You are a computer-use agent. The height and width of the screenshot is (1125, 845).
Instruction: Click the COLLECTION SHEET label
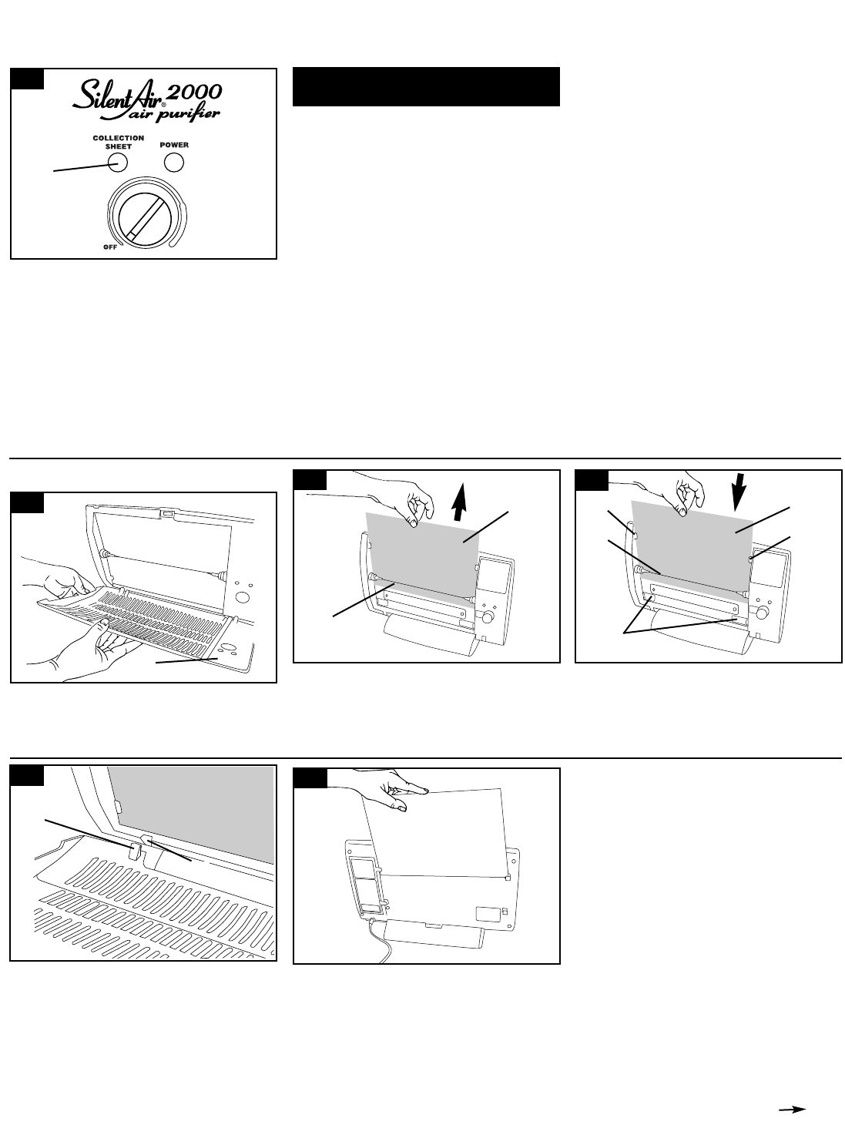(118, 143)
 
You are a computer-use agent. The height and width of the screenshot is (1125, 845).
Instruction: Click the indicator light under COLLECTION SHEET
(118, 163)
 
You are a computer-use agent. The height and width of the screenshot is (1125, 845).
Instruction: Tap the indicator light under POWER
(175, 163)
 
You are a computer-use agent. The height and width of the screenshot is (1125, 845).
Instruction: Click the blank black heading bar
(425, 86)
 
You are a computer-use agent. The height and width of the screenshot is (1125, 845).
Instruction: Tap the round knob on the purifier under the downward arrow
(763, 613)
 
